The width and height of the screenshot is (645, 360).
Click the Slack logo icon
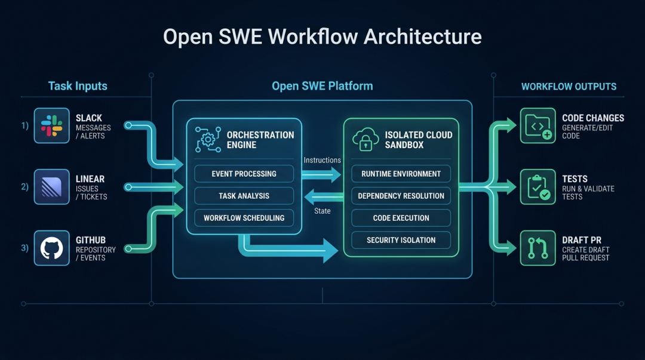click(51, 125)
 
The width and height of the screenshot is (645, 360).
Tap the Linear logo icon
click(51, 186)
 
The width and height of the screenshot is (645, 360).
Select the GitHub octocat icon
click(51, 248)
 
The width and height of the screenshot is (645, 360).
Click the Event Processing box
click(244, 174)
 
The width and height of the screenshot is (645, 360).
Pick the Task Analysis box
click(244, 196)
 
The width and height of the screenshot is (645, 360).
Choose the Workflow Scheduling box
click(244, 218)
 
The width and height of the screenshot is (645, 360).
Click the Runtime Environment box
click(401, 174)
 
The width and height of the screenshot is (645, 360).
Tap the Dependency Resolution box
click(401, 196)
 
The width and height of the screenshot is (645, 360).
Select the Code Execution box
click(401, 218)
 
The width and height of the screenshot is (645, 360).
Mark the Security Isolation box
click(401, 240)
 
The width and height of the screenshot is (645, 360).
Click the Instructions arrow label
click(322, 160)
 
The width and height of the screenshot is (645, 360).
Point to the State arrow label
click(322, 211)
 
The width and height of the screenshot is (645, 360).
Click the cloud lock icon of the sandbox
click(366, 140)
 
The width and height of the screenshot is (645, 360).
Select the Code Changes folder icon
click(537, 125)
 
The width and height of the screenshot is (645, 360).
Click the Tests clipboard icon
click(537, 186)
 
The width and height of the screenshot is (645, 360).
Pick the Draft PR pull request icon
click(537, 248)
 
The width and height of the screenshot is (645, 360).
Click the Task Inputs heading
click(78, 86)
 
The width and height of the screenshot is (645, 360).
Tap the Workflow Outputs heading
click(569, 87)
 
